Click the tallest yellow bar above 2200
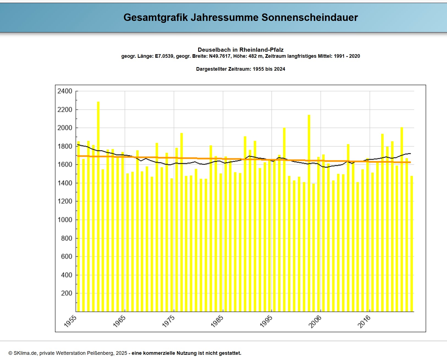click(98, 206)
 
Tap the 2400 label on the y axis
click(65, 91)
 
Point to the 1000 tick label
click(65, 220)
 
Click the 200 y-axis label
click(67, 293)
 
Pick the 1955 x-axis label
click(70, 321)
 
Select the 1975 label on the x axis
click(168, 321)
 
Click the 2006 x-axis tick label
click(315, 321)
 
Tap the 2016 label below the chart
click(364, 321)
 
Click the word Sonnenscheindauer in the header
click(310, 17)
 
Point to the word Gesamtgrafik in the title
click(156, 17)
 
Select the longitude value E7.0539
click(164, 56)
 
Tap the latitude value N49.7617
click(219, 56)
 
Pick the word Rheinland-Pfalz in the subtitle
click(261, 50)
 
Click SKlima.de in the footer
click(25, 353)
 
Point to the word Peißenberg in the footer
click(100, 353)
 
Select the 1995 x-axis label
click(266, 321)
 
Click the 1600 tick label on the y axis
click(65, 164)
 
